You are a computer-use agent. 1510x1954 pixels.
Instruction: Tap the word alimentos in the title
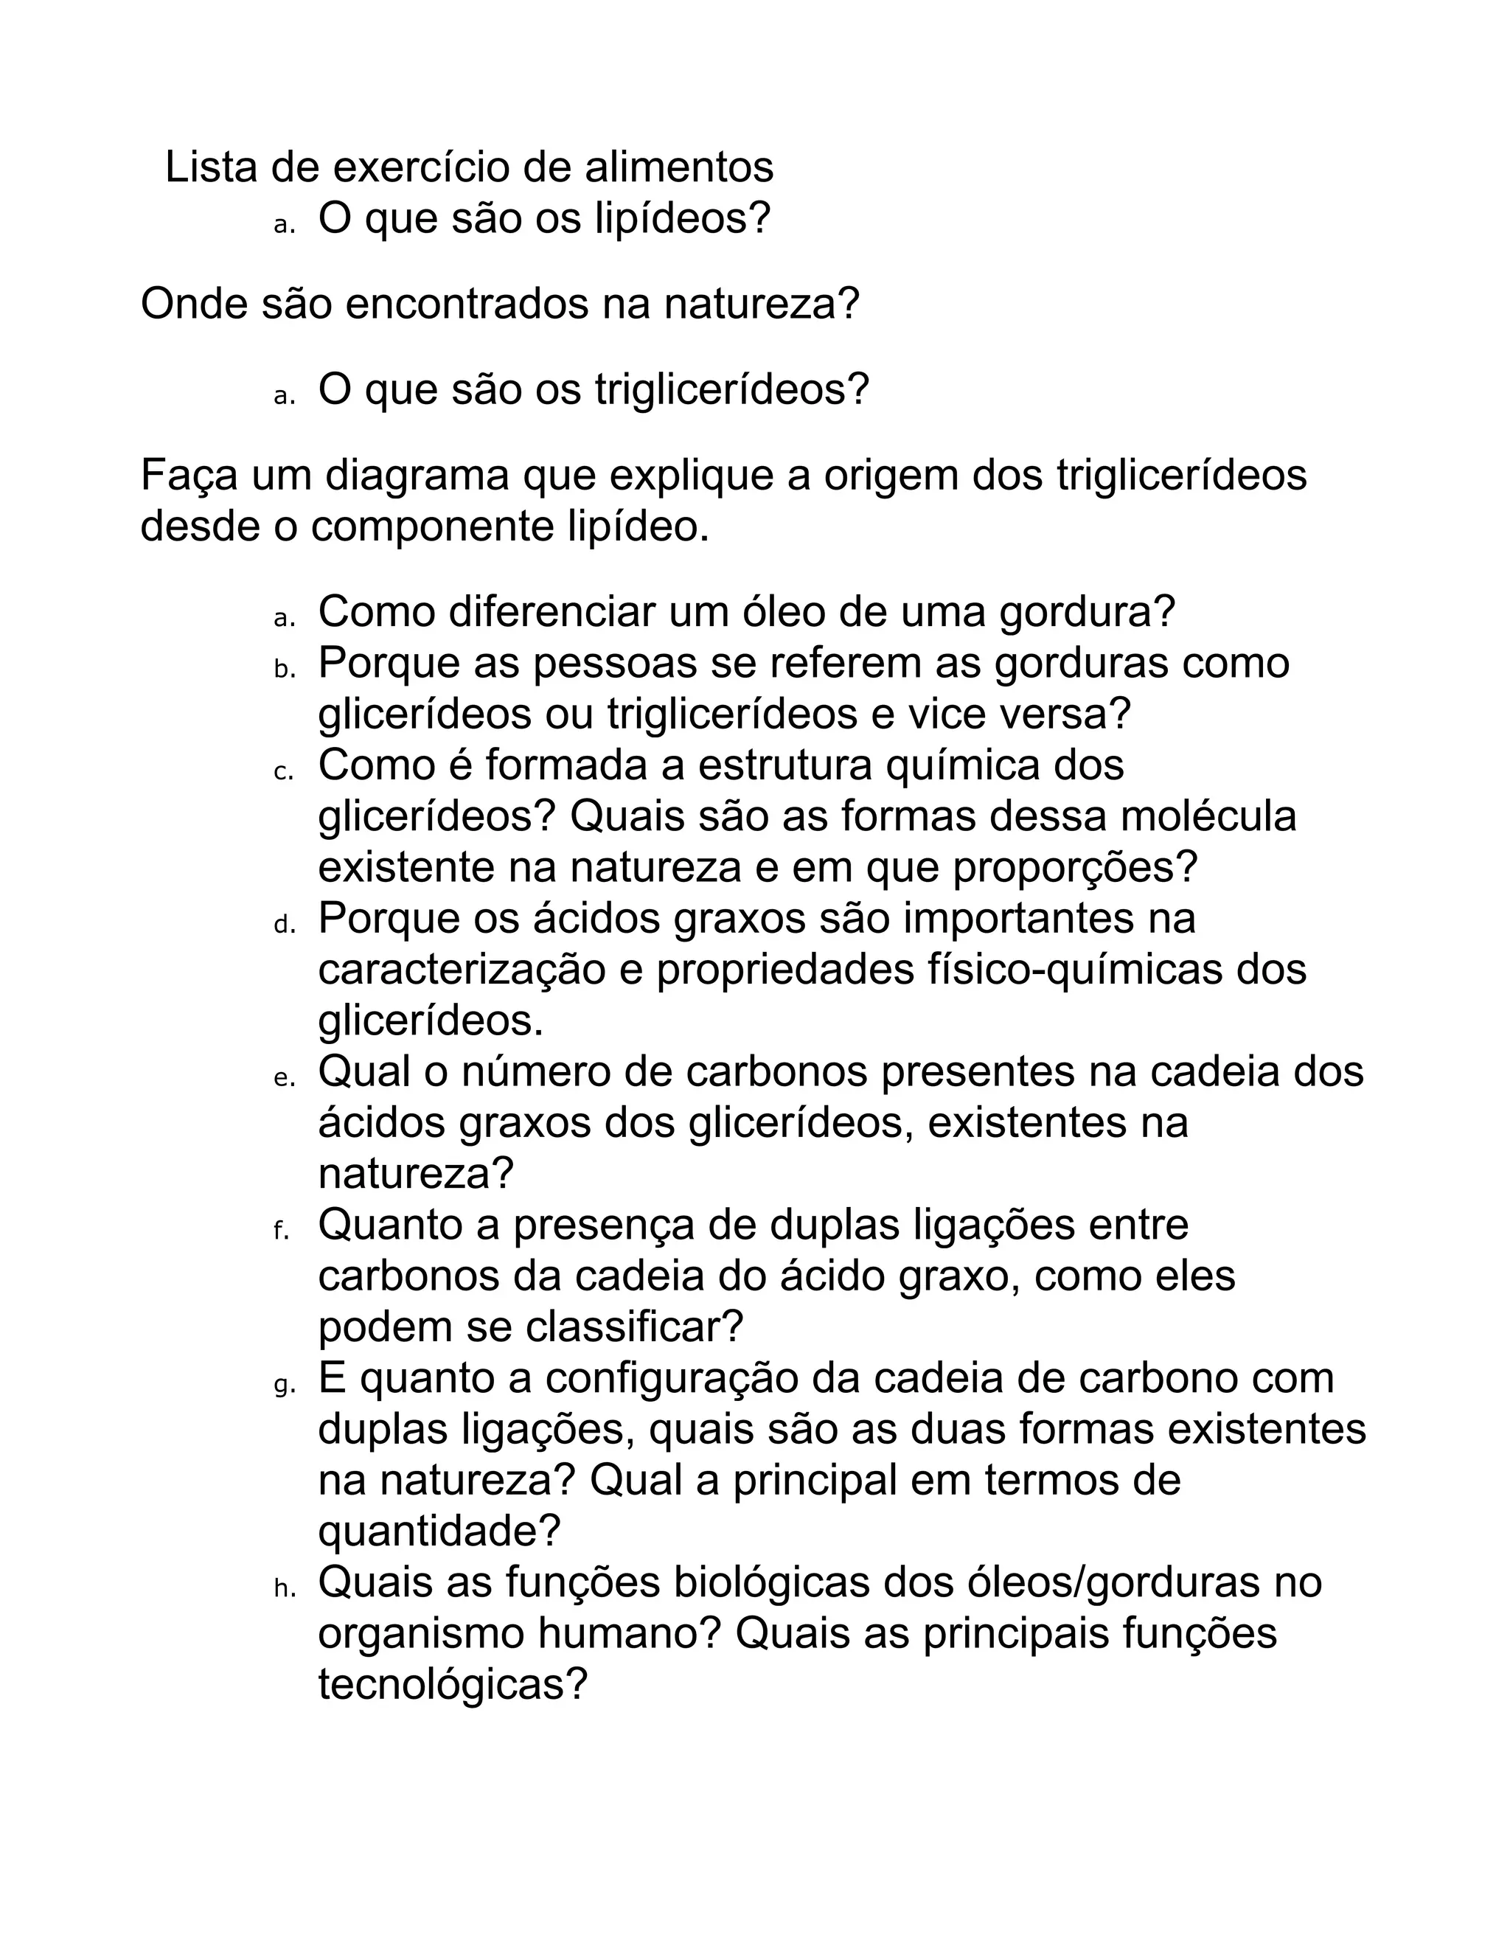[679, 167]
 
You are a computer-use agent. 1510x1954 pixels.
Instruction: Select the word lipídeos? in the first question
[683, 218]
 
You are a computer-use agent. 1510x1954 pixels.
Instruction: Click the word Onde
[193, 305]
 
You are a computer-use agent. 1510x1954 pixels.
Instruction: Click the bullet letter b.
[284, 670]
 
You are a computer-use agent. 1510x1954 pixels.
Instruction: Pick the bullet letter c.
[284, 772]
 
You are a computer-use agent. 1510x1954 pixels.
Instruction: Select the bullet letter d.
[284, 925]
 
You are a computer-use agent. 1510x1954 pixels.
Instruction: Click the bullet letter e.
[284, 1078]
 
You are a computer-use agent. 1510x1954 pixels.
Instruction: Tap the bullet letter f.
[281, 1231]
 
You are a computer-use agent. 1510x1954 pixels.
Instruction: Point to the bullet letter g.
[284, 1386]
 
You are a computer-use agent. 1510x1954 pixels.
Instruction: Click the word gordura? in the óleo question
[1086, 612]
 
